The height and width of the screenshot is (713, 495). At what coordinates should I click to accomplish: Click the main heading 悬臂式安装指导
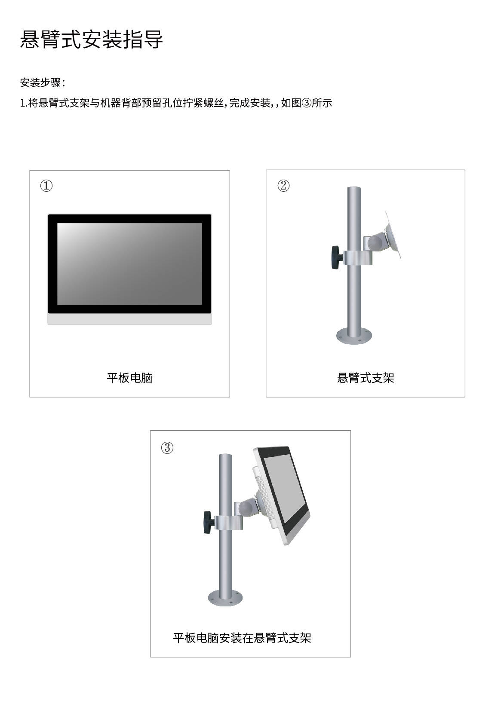[91, 40]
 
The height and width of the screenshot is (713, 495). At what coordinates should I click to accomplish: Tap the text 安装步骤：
[43, 83]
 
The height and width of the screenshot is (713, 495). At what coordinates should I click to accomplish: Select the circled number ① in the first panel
[46, 186]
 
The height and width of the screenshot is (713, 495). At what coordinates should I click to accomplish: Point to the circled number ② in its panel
[283, 186]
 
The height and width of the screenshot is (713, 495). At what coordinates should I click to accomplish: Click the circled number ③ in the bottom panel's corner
[167, 448]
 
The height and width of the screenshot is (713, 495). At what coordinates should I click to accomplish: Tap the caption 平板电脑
[129, 378]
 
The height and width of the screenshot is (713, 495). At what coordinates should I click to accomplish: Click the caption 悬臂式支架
[366, 378]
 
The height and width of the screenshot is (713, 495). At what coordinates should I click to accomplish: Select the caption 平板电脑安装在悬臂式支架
[242, 638]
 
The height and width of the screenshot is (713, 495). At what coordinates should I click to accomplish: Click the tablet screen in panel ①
[129, 263]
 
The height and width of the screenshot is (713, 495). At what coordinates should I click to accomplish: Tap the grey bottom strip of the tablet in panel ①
[129, 319]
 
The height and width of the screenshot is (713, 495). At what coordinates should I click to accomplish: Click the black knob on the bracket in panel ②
[335, 257]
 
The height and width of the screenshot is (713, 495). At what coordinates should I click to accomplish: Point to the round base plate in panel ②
[354, 336]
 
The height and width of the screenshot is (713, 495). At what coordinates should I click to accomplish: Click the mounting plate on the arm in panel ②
[394, 235]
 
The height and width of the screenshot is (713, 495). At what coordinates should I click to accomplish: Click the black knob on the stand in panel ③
[209, 522]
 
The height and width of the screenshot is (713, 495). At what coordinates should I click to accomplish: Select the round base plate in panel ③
[225, 598]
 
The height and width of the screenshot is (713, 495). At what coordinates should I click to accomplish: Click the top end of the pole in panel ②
[354, 190]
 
